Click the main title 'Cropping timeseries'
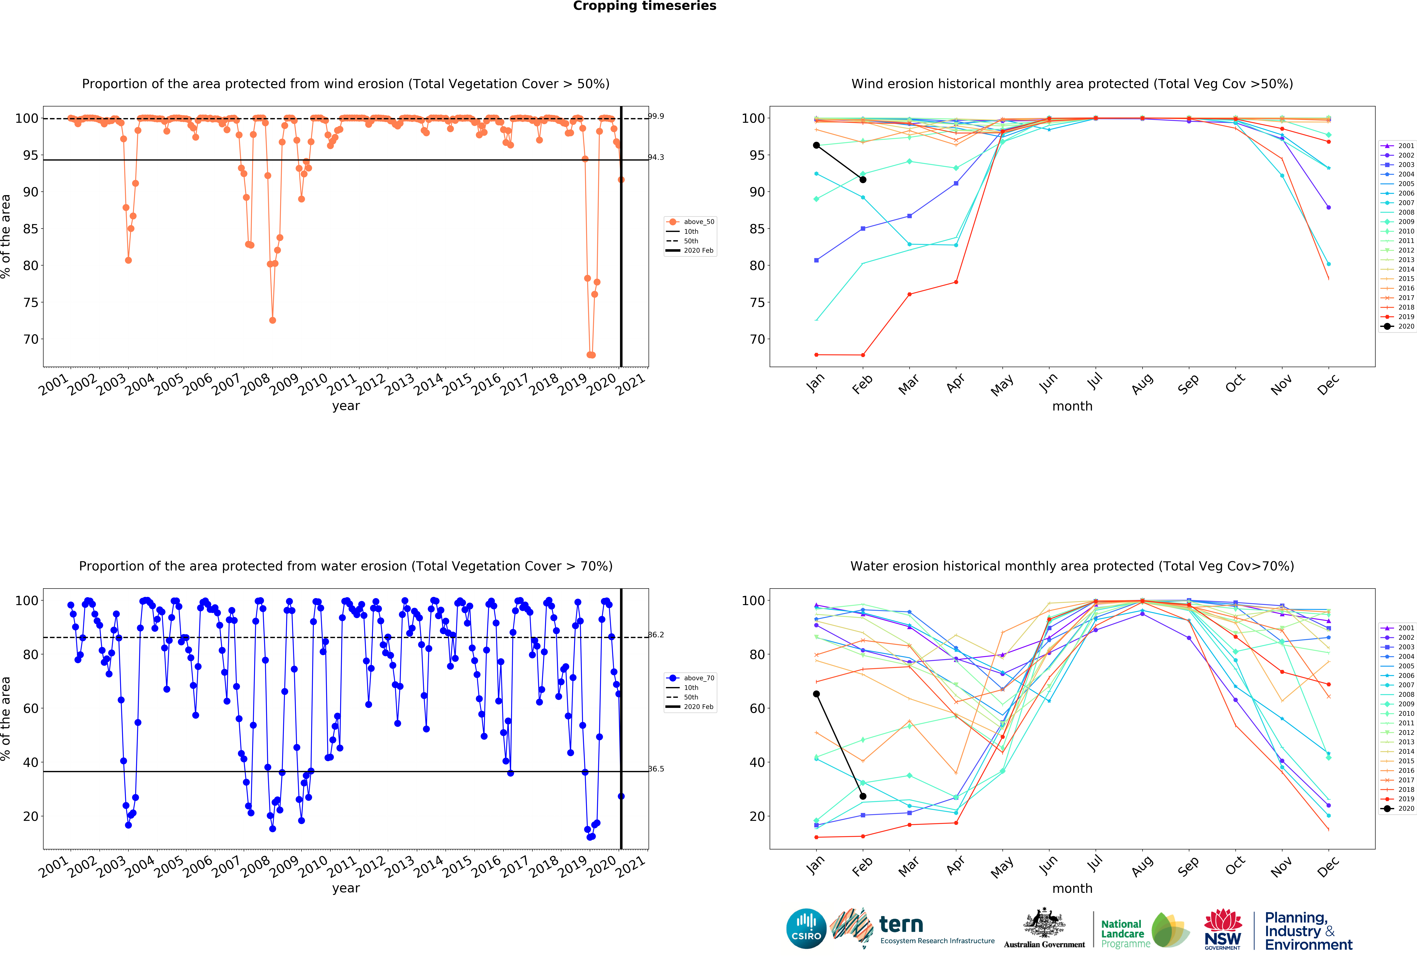644,6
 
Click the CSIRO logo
806,929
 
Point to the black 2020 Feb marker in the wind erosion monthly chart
863,180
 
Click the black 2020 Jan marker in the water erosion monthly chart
816,694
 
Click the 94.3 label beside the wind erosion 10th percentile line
656,157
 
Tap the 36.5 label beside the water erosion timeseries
656,769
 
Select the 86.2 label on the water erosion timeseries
656,635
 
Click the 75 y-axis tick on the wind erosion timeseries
31,303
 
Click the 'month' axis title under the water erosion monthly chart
1072,889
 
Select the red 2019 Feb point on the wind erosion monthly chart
863,355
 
